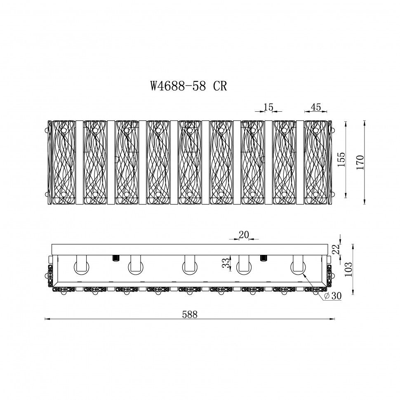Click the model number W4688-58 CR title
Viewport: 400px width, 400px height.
tap(188, 86)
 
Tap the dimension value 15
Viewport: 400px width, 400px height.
tap(268, 107)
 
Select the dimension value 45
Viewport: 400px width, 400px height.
tap(316, 107)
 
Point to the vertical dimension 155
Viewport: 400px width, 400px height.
tap(341, 160)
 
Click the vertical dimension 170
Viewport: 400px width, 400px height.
tap(360, 162)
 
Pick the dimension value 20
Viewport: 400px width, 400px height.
tap(244, 235)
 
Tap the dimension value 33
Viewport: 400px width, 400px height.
tap(226, 263)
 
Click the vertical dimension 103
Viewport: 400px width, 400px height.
tap(348, 269)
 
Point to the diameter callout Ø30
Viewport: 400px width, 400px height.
tap(332, 296)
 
